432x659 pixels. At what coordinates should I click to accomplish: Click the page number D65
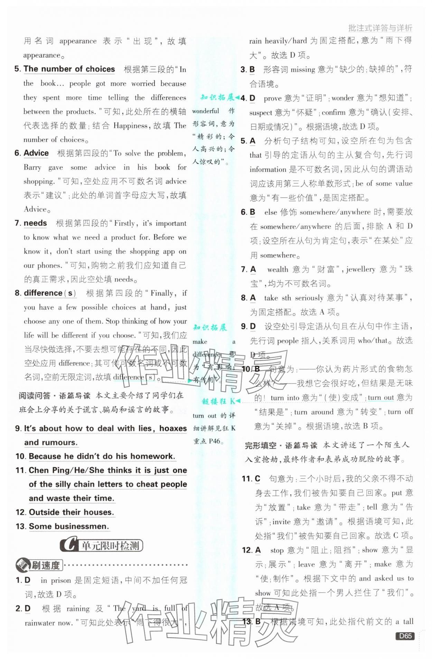tap(405, 636)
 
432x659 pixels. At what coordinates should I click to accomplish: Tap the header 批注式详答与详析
tap(380, 28)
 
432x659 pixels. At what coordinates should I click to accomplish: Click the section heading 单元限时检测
tap(110, 545)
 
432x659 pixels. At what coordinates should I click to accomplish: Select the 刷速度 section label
tap(46, 565)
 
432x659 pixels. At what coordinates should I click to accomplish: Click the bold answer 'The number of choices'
tap(69, 69)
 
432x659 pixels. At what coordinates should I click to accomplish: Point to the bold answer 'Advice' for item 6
tap(36, 153)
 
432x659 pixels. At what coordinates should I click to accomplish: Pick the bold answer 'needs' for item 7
tap(35, 223)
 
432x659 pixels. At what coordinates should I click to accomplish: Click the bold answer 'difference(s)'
tap(50, 293)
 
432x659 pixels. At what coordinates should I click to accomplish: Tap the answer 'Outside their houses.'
tap(72, 512)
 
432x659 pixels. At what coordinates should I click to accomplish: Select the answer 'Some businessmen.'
tap(69, 527)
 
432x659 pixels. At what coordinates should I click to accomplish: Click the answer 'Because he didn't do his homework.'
tap(102, 456)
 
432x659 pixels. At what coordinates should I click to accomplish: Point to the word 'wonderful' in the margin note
tap(206, 111)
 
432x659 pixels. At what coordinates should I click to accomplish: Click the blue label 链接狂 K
tap(218, 401)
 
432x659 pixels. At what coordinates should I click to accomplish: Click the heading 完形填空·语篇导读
tap(281, 445)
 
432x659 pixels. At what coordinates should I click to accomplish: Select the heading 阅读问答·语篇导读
tap(55, 395)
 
